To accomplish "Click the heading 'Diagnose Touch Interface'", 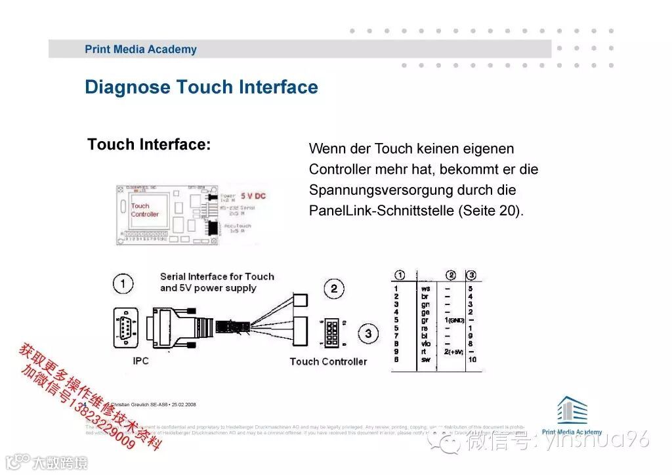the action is click(201, 88).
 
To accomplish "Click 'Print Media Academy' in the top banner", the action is click(140, 49).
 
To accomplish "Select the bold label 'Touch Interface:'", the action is click(150, 144).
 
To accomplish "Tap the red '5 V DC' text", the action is click(253, 196).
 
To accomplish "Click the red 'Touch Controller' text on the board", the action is click(144, 210).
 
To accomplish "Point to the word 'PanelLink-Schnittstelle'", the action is click(381, 211).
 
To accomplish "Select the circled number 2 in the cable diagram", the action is click(333, 288).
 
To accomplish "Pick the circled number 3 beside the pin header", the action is click(368, 334).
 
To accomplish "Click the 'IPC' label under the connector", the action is click(140, 361).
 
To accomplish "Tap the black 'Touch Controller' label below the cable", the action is click(328, 361).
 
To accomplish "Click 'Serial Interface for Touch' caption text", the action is click(217, 276).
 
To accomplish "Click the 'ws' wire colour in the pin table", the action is click(425, 288).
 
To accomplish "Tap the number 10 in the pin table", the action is click(472, 360).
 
